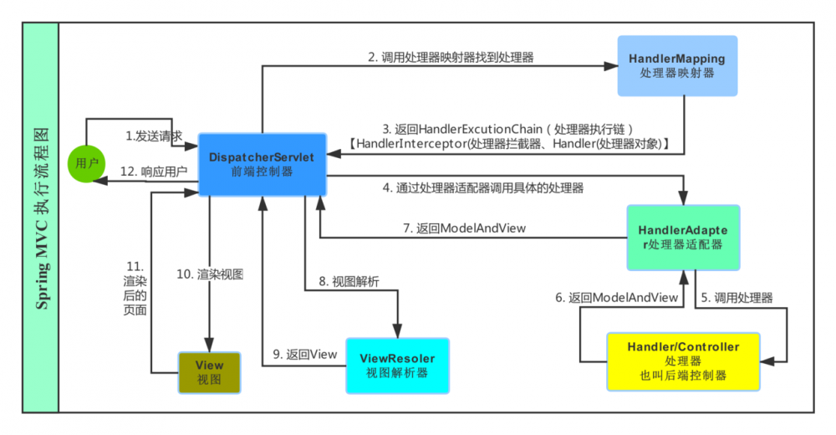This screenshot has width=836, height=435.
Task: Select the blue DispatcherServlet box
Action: [x=262, y=162]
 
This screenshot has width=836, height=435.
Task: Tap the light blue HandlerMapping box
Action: [x=676, y=66]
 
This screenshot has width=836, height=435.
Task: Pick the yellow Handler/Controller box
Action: [x=683, y=361]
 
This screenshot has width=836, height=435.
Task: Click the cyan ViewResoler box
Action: [x=397, y=365]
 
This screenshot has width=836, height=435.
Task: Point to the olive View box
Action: [x=209, y=372]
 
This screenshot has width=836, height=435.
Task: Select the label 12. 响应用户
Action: [x=153, y=171]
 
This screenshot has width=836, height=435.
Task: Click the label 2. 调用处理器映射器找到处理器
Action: [x=451, y=58]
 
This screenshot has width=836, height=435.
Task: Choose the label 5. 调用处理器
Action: [x=737, y=297]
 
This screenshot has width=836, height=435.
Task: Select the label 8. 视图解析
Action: [x=349, y=281]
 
